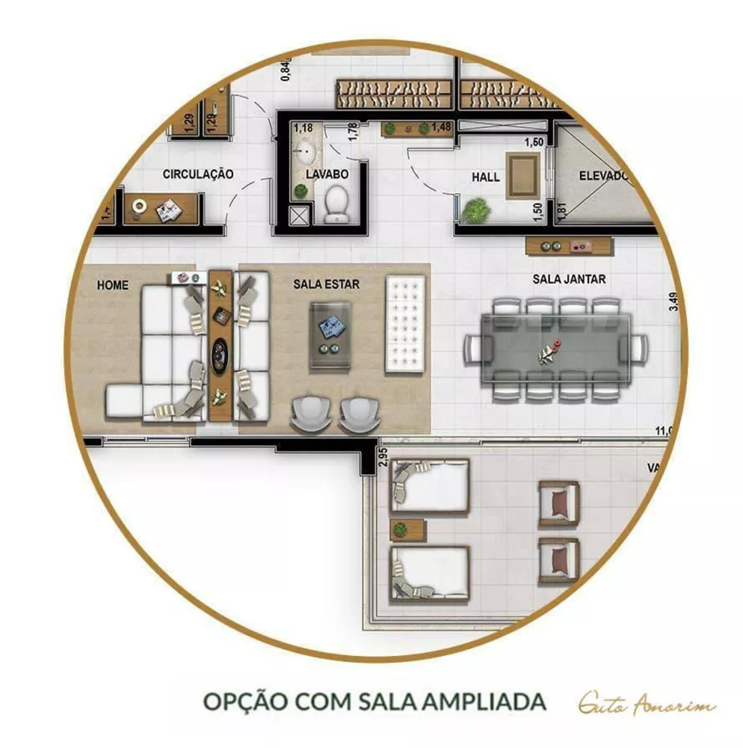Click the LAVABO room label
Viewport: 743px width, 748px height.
(x=327, y=174)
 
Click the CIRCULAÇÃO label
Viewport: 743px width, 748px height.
(x=198, y=174)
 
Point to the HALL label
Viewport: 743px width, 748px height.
(x=485, y=177)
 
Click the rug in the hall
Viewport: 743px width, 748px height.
(x=521, y=176)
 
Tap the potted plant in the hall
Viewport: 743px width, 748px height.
(x=475, y=211)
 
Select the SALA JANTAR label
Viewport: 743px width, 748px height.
(x=569, y=279)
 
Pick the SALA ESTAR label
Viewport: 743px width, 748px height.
(x=326, y=284)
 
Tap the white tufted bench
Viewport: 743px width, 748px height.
(x=404, y=325)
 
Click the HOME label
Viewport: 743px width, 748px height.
(x=112, y=285)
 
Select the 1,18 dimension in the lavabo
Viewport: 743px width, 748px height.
(x=303, y=128)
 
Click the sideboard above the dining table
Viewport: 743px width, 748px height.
(x=569, y=246)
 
